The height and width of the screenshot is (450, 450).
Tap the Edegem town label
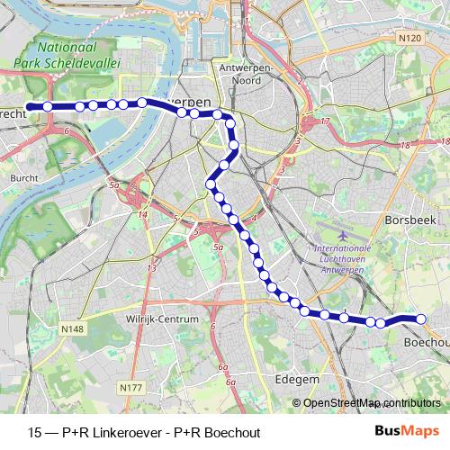[299, 380]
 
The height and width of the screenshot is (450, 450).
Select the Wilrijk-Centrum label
[161, 319]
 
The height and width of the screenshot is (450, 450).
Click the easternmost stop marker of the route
[419, 318]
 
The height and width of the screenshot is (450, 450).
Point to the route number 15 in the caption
[35, 430]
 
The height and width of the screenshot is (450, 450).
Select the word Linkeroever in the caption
[124, 430]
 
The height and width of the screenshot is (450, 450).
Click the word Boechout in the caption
[232, 430]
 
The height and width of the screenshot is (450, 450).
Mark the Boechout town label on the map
[427, 343]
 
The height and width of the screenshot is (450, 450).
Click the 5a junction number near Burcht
[113, 186]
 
